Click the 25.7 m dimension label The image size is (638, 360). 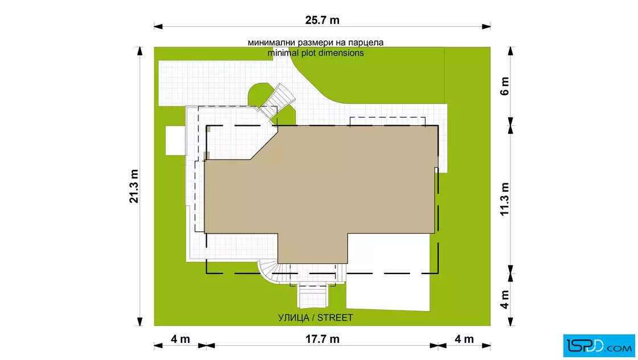coord(322,20)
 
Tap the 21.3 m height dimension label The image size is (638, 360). coord(134,186)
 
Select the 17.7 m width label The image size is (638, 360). coord(322,339)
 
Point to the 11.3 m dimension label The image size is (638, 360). coord(505,199)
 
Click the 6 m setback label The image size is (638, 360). coord(505,86)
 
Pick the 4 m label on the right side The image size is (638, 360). coord(505,300)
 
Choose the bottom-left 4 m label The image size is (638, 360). coord(180,339)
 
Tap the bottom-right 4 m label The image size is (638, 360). coord(464,339)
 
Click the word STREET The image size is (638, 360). coord(335,318)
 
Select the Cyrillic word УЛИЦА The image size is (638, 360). coord(293,318)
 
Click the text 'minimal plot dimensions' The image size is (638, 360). coord(316,53)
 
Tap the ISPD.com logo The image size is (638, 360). coord(599,346)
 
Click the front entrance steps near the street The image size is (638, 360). coord(313,296)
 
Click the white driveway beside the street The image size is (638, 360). coord(388,272)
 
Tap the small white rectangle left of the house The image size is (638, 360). coord(175,140)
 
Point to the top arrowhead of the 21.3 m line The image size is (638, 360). coord(140,51)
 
